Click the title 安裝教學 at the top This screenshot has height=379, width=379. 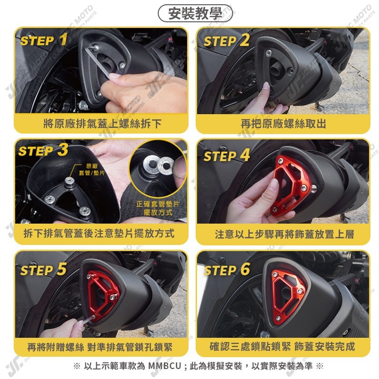(x=195, y=14)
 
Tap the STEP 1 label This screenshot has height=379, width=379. (x=44, y=40)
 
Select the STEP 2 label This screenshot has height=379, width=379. (x=226, y=40)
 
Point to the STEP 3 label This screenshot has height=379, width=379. (x=43, y=150)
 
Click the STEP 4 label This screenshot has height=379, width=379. (x=226, y=155)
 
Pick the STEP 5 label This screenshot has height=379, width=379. (x=44, y=269)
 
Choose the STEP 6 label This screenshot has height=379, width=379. (x=227, y=270)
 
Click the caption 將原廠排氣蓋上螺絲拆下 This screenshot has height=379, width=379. (x=102, y=124)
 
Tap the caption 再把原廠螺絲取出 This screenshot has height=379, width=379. (x=283, y=124)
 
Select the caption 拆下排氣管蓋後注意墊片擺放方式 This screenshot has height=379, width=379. (x=99, y=234)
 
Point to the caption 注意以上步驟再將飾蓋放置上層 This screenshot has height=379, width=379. (x=284, y=234)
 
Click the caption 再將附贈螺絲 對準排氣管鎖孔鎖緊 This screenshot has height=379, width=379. (x=100, y=347)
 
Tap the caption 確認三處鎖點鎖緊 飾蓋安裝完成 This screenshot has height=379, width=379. (x=282, y=346)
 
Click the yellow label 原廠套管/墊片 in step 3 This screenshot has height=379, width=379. (x=91, y=169)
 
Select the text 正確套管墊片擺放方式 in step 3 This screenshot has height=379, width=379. (x=158, y=208)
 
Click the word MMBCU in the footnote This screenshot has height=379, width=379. (x=164, y=366)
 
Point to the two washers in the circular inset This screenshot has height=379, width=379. (x=158, y=165)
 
